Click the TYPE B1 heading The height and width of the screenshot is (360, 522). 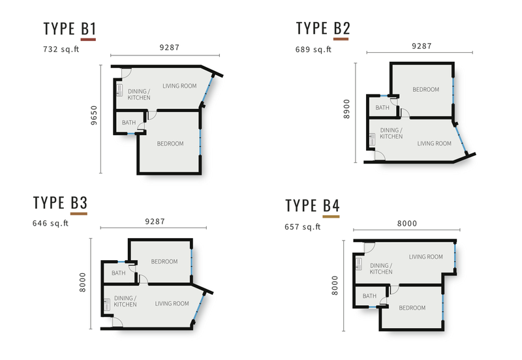[70, 29]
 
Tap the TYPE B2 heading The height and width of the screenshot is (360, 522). [323, 29]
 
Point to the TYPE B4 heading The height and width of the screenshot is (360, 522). [312, 205]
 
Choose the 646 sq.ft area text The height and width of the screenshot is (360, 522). [50, 222]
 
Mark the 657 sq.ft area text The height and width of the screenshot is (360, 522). [303, 227]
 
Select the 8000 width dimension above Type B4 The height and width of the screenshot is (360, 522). [407, 223]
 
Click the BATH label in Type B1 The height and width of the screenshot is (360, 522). [129, 122]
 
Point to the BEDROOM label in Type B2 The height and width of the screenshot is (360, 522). [425, 90]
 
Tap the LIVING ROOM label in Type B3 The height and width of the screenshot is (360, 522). [172, 303]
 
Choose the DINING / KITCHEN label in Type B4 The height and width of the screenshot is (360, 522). [381, 268]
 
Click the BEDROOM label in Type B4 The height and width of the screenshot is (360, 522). [412, 308]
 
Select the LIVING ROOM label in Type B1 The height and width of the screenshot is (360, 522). [179, 86]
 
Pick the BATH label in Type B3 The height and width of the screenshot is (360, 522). [119, 273]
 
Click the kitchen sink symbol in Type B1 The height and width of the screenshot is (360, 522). [120, 90]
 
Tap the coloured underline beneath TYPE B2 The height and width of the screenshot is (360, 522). [341, 40]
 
